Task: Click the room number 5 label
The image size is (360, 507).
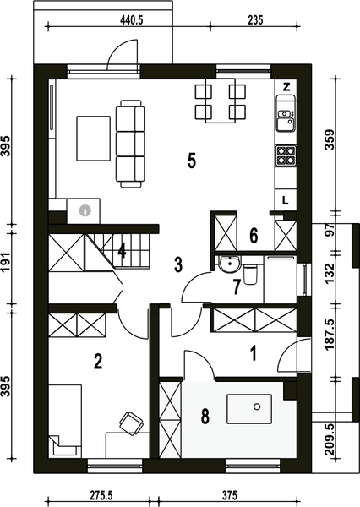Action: (192, 161)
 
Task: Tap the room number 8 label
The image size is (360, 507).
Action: (205, 416)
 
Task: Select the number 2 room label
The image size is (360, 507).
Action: (98, 361)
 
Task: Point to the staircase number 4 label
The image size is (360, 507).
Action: (122, 251)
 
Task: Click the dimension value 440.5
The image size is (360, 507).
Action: (132, 20)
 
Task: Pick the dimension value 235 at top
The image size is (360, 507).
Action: (255, 20)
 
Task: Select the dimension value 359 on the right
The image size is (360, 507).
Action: (330, 139)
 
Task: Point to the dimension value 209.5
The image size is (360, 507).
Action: (330, 440)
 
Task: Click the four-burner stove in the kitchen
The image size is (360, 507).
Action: (286, 155)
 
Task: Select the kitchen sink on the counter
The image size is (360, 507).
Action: (286, 120)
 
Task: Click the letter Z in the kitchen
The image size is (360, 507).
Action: (286, 87)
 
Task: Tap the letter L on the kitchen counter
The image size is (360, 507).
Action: (285, 201)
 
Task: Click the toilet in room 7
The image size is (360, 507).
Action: (249, 274)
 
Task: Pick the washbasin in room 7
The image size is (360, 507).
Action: (229, 264)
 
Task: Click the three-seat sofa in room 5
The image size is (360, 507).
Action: (130, 144)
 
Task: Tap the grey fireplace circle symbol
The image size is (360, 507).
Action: (85, 210)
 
